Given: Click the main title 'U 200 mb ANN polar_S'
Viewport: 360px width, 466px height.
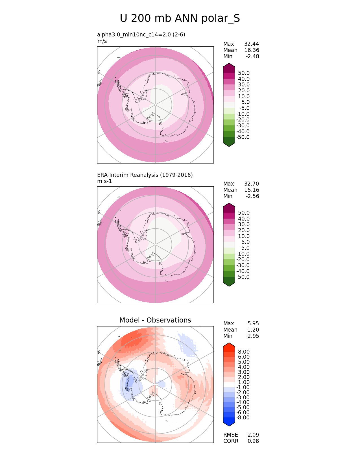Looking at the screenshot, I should pos(180,19).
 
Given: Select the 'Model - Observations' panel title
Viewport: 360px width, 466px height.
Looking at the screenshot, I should pos(155,320).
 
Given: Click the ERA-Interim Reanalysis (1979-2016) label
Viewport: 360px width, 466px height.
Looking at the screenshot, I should pos(145,175).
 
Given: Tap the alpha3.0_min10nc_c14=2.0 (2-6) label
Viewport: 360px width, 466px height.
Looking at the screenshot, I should pos(141,34).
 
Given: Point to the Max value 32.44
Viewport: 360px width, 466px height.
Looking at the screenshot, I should pos(251,44).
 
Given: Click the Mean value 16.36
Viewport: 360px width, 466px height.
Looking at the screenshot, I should pos(251,50).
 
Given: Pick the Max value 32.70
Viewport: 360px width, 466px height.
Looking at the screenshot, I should pos(251,184).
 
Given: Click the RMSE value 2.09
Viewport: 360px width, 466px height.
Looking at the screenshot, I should pos(253,435).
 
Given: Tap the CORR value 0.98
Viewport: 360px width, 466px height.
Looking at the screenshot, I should pos(253,441).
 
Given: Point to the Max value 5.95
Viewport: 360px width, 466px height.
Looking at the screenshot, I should pos(253,323).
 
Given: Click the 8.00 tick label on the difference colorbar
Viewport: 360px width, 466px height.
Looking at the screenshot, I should pos(244,352).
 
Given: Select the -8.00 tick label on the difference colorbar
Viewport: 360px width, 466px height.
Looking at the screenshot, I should pos(243,417).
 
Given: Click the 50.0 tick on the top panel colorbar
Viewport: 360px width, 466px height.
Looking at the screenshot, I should pos(244,73).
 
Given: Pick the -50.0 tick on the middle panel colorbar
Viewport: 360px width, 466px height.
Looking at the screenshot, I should pos(243,277).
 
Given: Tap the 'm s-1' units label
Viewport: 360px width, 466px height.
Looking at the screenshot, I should pos(104,181).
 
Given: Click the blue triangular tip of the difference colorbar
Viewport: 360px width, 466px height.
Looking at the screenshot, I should pos(229,423).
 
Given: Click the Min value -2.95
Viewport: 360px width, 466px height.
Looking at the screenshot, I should pos(252,336).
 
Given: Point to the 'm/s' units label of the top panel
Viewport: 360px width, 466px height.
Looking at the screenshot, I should pos(102,41).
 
